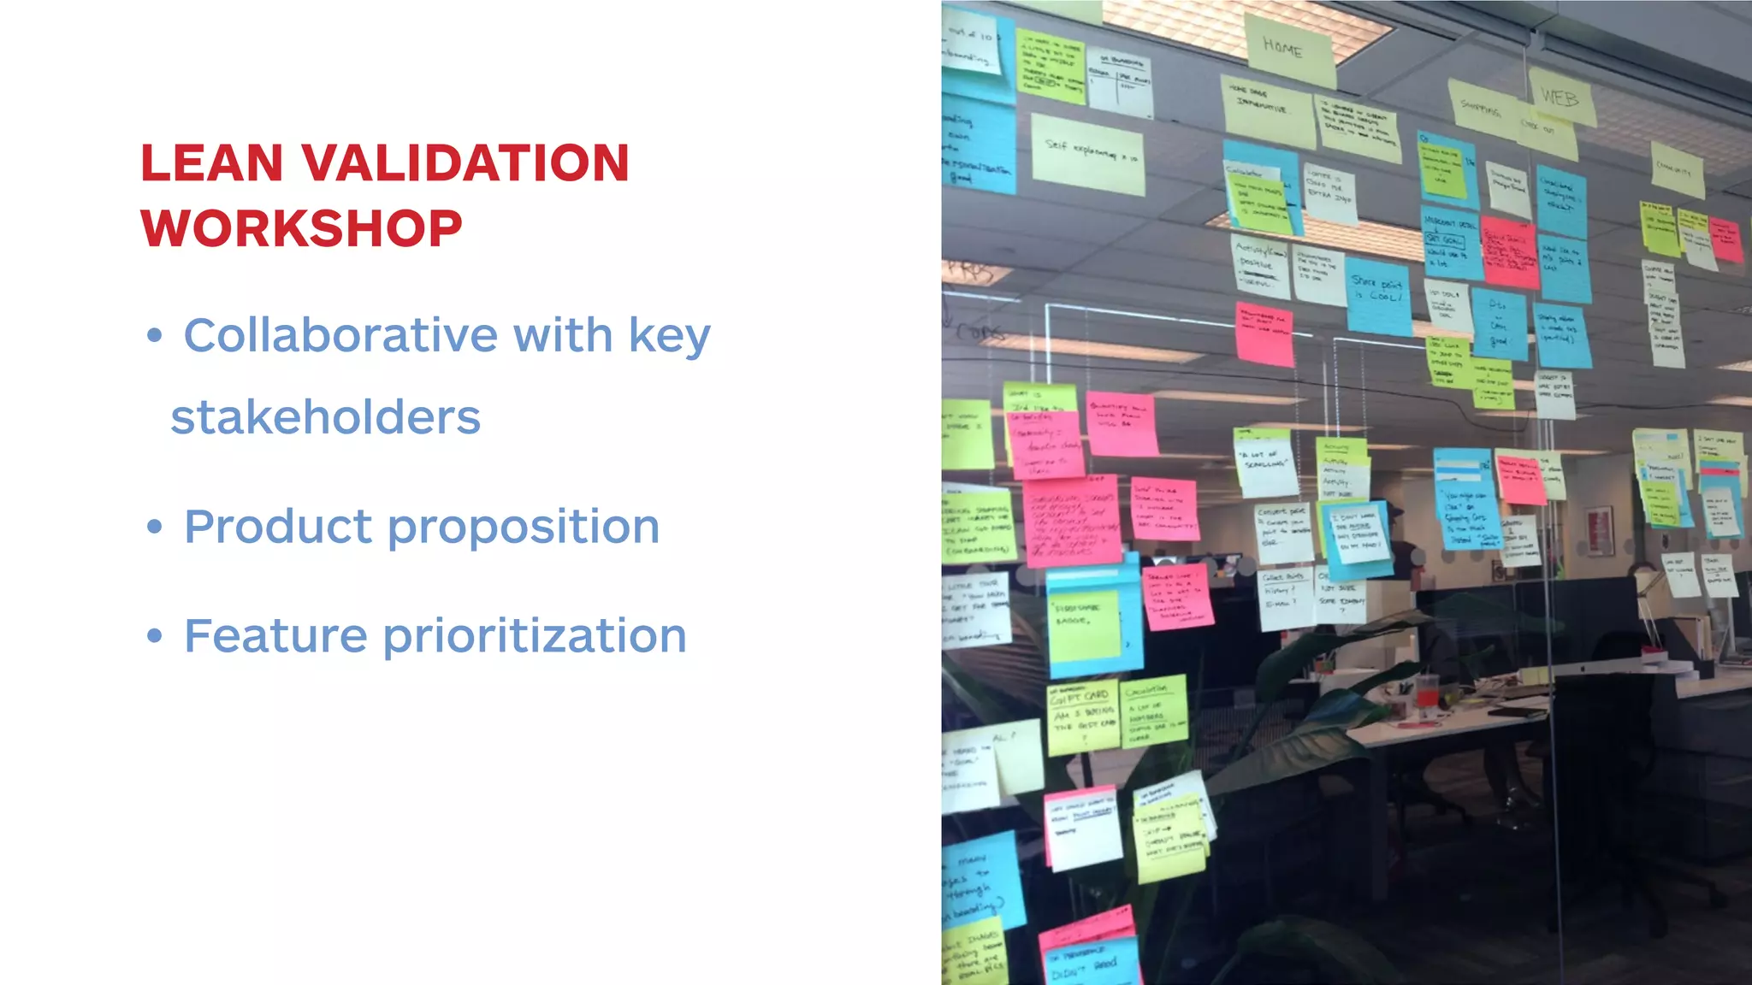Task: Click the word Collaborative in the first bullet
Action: (340, 334)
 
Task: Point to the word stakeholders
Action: (326, 417)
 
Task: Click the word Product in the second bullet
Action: (278, 527)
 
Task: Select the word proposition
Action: (524, 527)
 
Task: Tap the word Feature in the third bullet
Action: (275, 636)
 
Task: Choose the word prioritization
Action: (535, 636)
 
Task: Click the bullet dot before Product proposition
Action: (154, 527)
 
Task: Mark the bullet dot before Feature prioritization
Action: (154, 636)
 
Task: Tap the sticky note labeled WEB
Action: (1560, 97)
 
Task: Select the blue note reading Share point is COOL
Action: (1377, 295)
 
